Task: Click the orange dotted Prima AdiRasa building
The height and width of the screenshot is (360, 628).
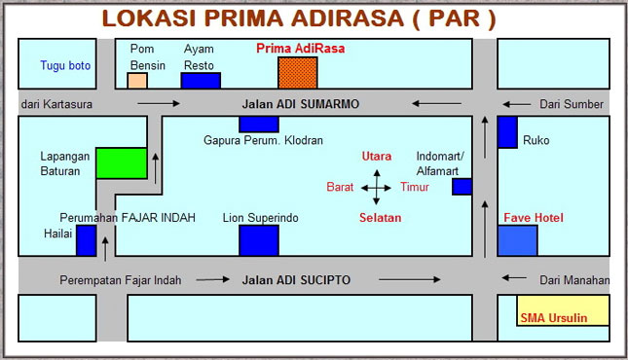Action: (x=298, y=72)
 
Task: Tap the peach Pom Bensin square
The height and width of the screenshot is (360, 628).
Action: (x=137, y=81)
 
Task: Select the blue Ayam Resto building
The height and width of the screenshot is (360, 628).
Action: (x=201, y=81)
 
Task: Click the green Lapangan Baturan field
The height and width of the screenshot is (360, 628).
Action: (x=122, y=163)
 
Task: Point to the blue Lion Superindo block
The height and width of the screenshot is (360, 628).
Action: (x=259, y=240)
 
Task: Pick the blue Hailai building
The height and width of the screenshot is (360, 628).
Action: (x=86, y=240)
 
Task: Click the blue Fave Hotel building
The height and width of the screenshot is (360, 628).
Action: (x=517, y=240)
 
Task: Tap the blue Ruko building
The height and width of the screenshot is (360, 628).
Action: (x=507, y=132)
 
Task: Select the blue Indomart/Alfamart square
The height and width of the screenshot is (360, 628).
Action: (x=462, y=187)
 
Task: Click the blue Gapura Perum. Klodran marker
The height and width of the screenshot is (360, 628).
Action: (x=259, y=125)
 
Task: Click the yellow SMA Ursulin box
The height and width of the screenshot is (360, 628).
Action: (x=563, y=310)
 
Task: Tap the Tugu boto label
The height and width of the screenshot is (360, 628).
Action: (x=65, y=65)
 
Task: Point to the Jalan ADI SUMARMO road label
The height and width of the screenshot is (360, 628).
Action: (x=301, y=104)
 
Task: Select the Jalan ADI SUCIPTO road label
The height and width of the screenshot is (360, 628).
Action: (x=296, y=280)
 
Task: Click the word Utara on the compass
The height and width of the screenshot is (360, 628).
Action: (x=377, y=157)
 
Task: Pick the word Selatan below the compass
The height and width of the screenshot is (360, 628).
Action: (x=380, y=218)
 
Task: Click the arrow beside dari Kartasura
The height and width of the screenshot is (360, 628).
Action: (x=159, y=104)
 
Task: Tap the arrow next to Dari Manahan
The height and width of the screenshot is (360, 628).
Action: (x=514, y=277)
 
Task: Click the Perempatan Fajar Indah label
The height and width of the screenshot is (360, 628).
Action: (x=121, y=280)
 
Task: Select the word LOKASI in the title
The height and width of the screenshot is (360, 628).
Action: (x=149, y=18)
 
